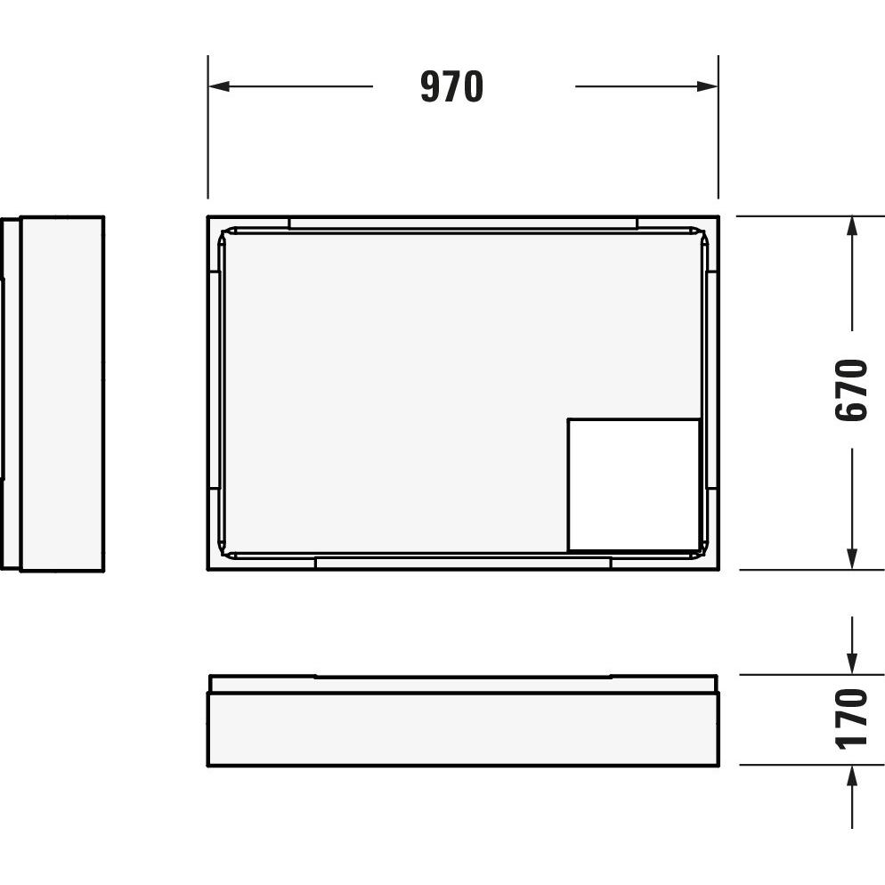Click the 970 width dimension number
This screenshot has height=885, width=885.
(451, 86)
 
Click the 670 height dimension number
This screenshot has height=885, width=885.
(850, 390)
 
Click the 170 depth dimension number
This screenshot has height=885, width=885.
(850, 719)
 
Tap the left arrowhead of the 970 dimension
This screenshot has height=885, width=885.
(219, 86)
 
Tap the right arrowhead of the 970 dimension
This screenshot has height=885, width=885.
(707, 86)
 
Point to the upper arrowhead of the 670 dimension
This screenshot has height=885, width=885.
(852, 227)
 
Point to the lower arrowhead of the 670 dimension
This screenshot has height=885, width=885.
(852, 559)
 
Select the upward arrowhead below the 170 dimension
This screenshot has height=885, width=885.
(852, 776)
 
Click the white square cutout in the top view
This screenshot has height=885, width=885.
(634, 484)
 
